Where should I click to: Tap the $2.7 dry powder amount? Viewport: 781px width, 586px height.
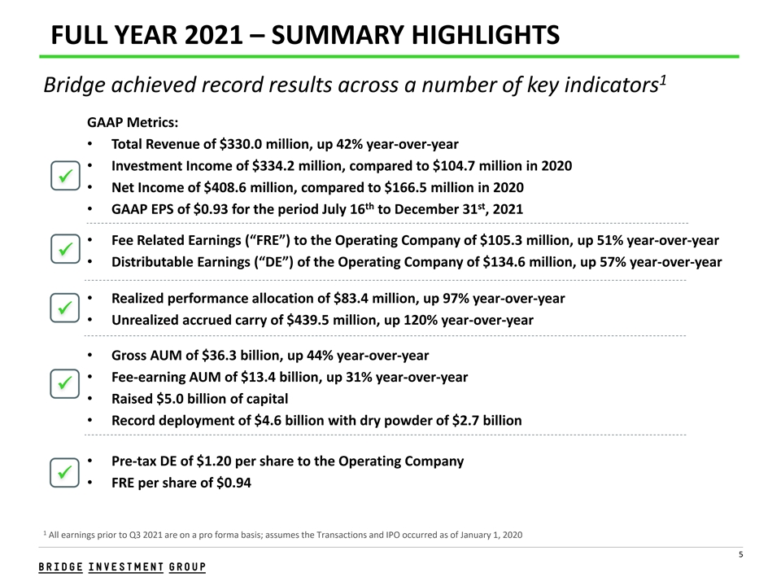pos(472,421)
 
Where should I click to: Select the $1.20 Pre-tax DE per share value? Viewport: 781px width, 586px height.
pos(216,461)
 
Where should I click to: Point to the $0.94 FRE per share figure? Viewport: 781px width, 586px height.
pos(232,483)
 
